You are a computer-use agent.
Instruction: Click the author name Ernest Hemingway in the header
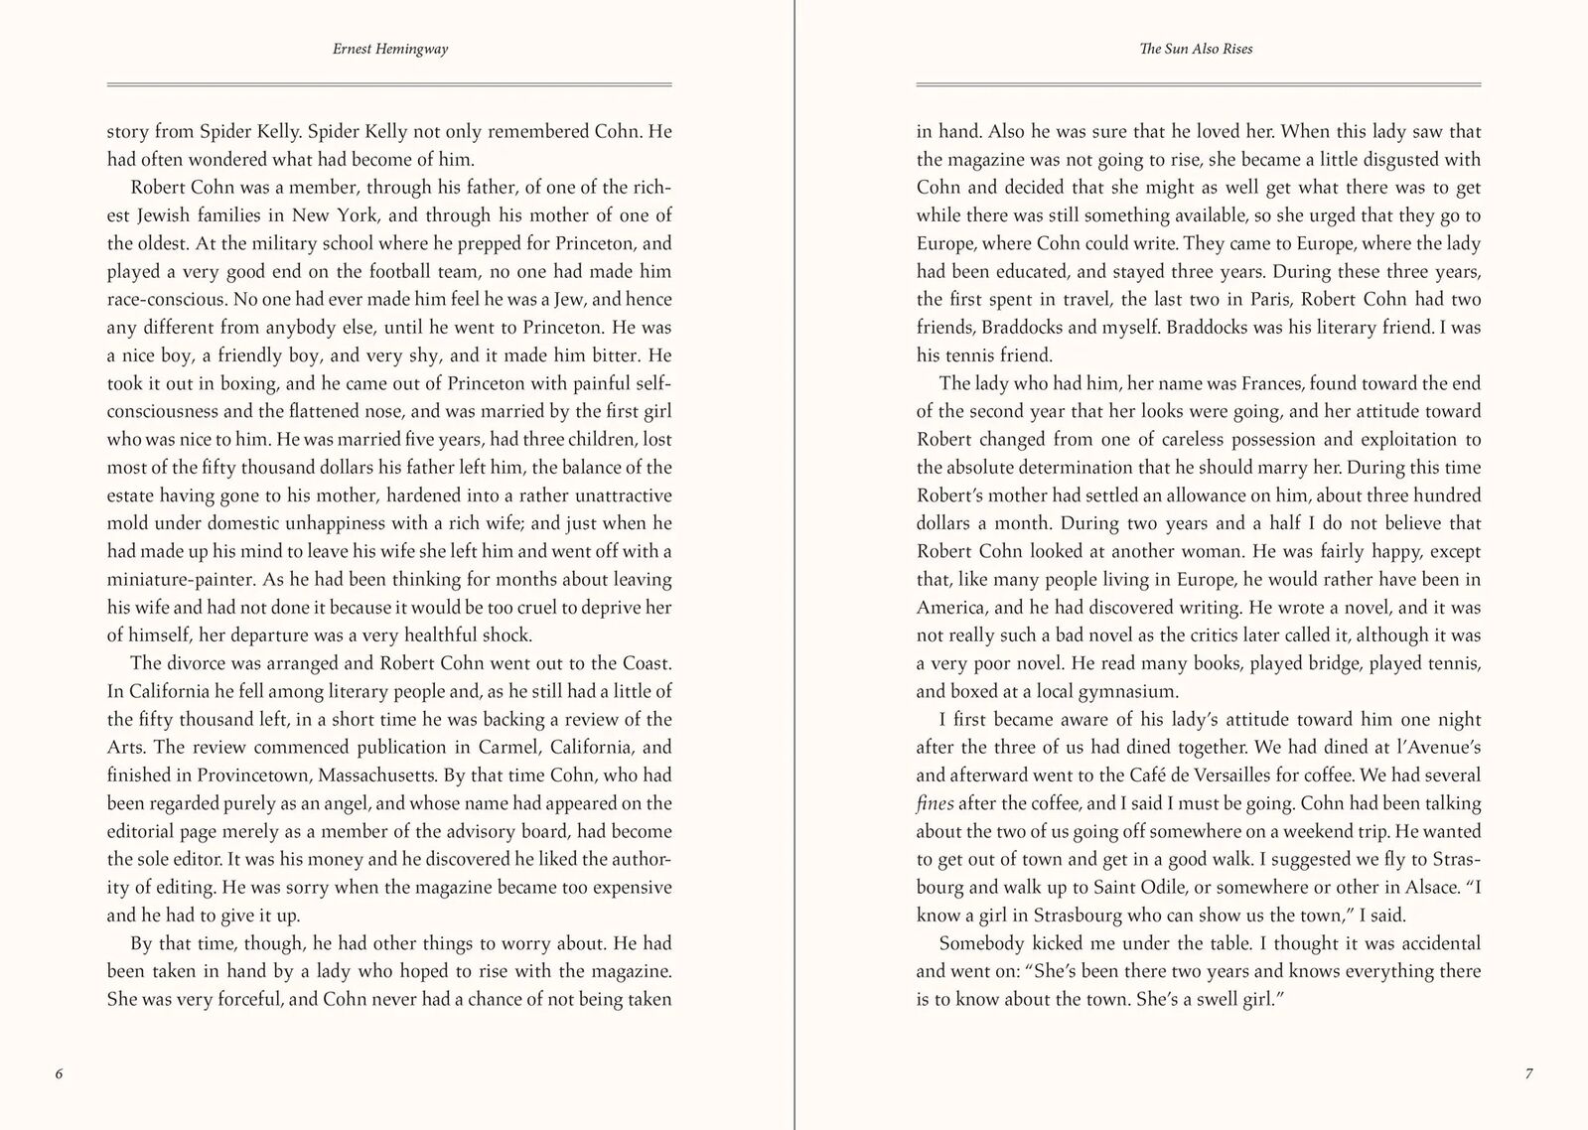click(x=389, y=49)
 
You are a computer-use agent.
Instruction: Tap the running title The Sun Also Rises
click(x=1196, y=49)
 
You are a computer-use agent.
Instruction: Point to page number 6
click(x=59, y=1073)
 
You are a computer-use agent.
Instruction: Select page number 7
click(x=1528, y=1073)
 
